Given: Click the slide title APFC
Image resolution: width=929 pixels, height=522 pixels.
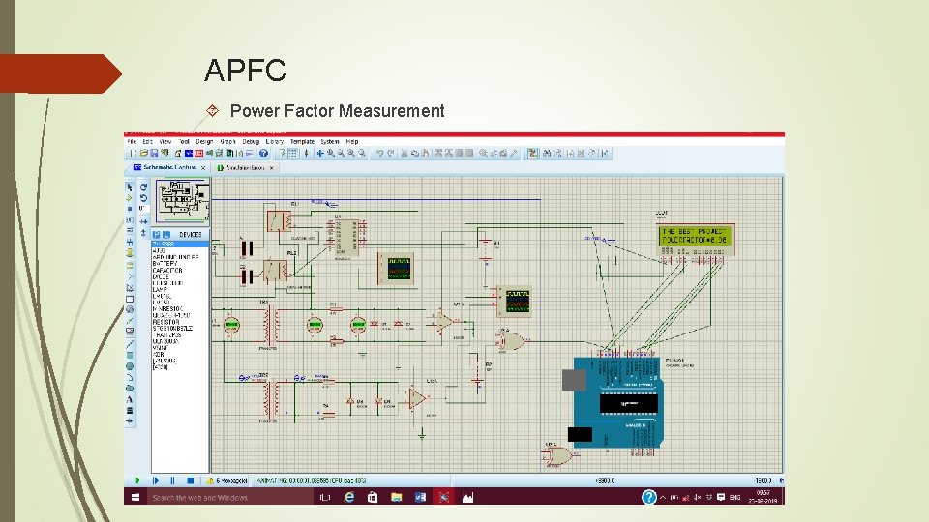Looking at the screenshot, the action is [x=246, y=71].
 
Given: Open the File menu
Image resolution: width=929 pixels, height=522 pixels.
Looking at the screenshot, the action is [x=133, y=141].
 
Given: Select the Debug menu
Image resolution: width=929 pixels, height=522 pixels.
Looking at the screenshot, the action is [x=251, y=141].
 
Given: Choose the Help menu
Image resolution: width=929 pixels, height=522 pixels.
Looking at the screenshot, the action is [x=352, y=141].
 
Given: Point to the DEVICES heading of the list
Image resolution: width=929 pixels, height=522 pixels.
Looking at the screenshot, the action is [x=190, y=234].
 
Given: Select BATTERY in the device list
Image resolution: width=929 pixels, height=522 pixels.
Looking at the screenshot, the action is [x=165, y=264].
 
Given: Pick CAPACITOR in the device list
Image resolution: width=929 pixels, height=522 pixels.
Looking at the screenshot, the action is [x=167, y=271].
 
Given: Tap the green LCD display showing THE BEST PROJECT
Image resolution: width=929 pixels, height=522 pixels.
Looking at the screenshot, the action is [x=696, y=235].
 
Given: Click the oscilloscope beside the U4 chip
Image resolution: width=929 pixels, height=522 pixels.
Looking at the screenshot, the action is [x=400, y=268].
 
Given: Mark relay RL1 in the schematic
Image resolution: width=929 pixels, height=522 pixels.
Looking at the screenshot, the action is [x=277, y=220].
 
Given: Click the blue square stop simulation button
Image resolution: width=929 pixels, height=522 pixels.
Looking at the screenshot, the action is [x=188, y=479].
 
